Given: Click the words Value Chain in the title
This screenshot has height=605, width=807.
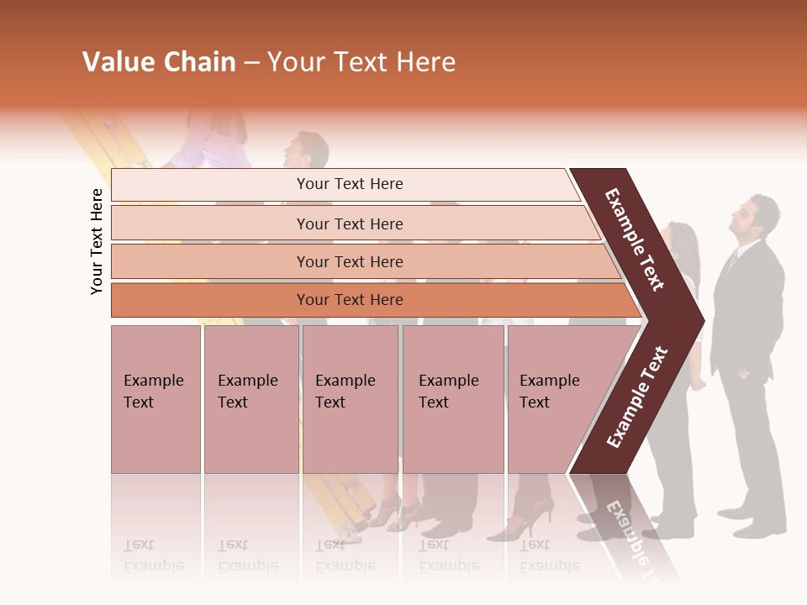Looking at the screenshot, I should tap(159, 62).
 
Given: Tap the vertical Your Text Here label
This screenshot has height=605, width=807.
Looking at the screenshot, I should tap(97, 241).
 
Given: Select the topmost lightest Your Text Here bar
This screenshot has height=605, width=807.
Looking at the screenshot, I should tap(349, 184).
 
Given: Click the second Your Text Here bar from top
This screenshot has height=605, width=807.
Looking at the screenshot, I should tap(349, 224).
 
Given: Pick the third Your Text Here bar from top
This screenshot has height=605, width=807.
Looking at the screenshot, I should tap(349, 261).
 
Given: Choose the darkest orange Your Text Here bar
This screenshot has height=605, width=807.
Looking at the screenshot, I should tap(349, 300).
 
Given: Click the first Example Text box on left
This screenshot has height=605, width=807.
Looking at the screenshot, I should tap(156, 399).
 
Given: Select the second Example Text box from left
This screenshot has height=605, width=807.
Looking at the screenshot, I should tap(251, 399).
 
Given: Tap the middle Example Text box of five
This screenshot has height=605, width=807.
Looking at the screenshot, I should tap(350, 399).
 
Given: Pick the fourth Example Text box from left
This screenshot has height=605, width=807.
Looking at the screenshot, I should tap(452, 399).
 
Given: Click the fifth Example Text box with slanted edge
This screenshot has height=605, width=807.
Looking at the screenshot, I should tap(555, 399).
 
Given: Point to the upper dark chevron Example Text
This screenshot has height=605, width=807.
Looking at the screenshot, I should tap(635, 239).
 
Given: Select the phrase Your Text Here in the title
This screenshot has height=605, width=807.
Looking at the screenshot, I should tap(361, 62).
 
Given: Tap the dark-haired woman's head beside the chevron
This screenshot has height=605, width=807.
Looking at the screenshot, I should tap(683, 244).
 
